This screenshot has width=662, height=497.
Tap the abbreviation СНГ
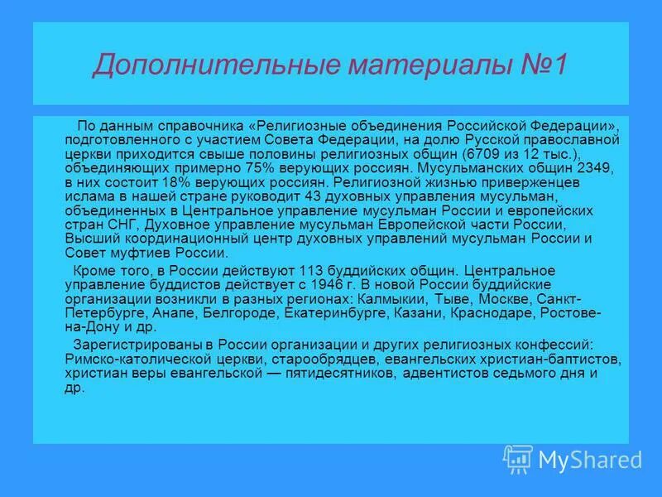click(121, 224)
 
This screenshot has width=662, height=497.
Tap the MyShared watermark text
click(589, 459)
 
